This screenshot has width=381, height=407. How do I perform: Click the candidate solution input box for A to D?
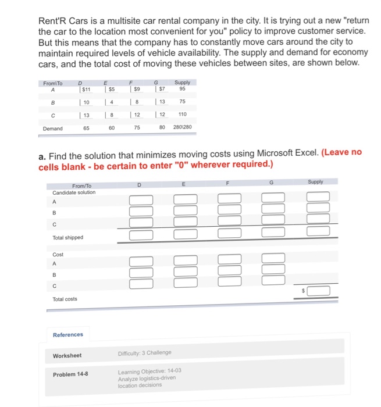click(141, 201)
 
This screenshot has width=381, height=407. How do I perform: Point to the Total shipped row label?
click(68, 237)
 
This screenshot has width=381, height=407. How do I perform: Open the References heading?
click(68, 334)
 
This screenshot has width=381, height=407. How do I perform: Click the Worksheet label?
click(67, 355)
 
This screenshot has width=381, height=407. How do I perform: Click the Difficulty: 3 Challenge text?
click(144, 353)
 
